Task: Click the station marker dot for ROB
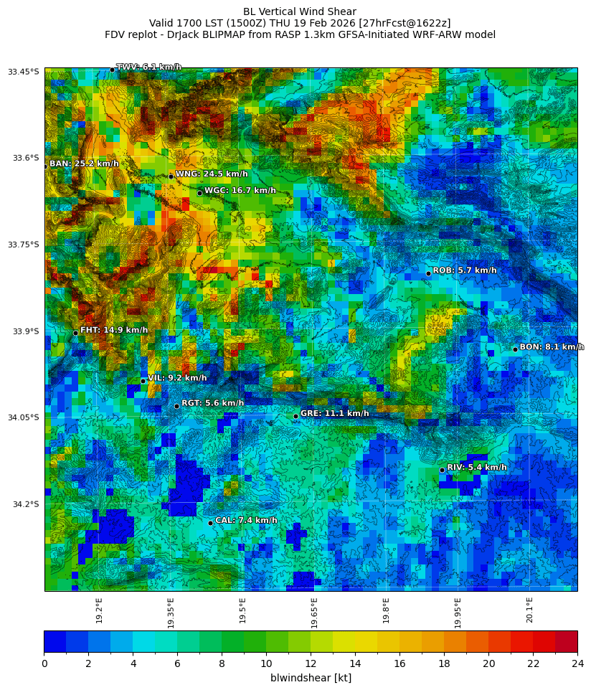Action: (428, 273)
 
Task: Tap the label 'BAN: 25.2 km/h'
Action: (84, 164)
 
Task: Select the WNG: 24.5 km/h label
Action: (212, 174)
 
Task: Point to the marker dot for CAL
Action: (210, 523)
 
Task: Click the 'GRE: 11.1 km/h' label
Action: (334, 414)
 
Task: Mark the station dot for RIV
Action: (442, 470)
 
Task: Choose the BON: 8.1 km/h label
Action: (552, 347)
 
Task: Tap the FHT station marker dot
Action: (75, 333)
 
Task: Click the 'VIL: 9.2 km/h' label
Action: (177, 378)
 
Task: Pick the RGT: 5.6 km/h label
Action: (212, 403)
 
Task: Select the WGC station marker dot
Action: (199, 193)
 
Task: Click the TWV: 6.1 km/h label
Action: (148, 67)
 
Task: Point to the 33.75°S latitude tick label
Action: (24, 245)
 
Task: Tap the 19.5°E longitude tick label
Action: (243, 610)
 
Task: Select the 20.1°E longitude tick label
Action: (530, 610)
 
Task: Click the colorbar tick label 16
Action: (399, 663)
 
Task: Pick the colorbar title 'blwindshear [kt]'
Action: (311, 678)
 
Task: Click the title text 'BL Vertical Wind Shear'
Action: (300, 11)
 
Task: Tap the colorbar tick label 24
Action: (577, 663)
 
